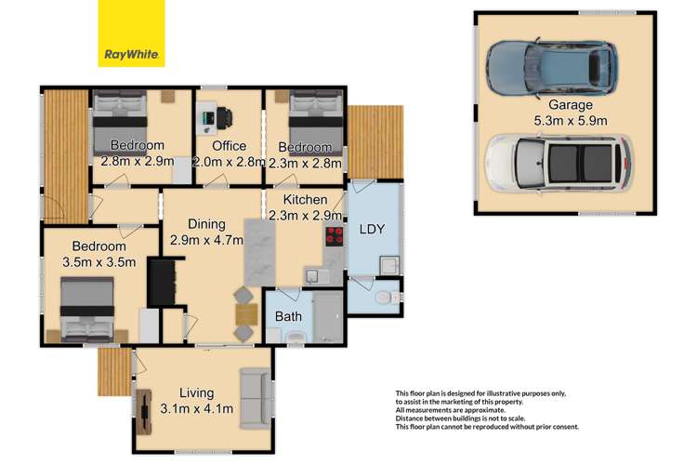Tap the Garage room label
(570, 105)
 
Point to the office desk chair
(226, 118)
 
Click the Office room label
(229, 146)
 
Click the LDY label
(371, 229)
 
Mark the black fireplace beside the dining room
(161, 281)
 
